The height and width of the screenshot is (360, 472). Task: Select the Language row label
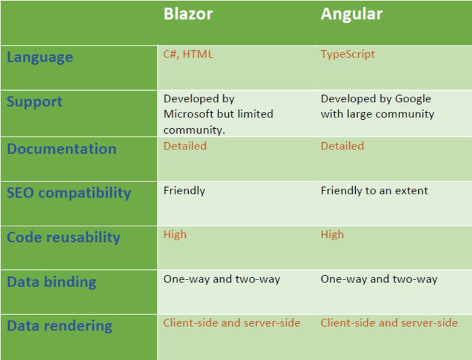click(x=40, y=57)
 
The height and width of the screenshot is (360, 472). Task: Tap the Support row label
click(x=34, y=101)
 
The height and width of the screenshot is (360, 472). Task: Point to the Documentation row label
click(x=61, y=149)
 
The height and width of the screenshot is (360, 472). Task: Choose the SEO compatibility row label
click(x=68, y=193)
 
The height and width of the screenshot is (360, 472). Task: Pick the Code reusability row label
click(x=64, y=237)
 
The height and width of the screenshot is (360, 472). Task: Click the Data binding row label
click(x=51, y=282)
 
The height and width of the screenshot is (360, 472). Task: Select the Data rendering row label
click(x=59, y=326)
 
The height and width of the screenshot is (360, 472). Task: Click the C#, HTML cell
click(x=188, y=54)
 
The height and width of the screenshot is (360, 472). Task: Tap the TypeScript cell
click(x=348, y=54)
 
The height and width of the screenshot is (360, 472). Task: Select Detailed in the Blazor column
click(x=185, y=146)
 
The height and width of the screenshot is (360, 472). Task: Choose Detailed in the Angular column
click(x=342, y=146)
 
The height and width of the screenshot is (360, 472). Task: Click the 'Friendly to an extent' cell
click(x=374, y=191)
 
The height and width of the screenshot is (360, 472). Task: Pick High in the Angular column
click(x=332, y=234)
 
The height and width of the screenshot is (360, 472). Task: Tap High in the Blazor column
click(x=175, y=234)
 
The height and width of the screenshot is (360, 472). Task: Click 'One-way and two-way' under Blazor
click(x=221, y=279)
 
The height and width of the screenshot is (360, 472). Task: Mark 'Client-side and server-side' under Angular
click(x=389, y=322)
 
